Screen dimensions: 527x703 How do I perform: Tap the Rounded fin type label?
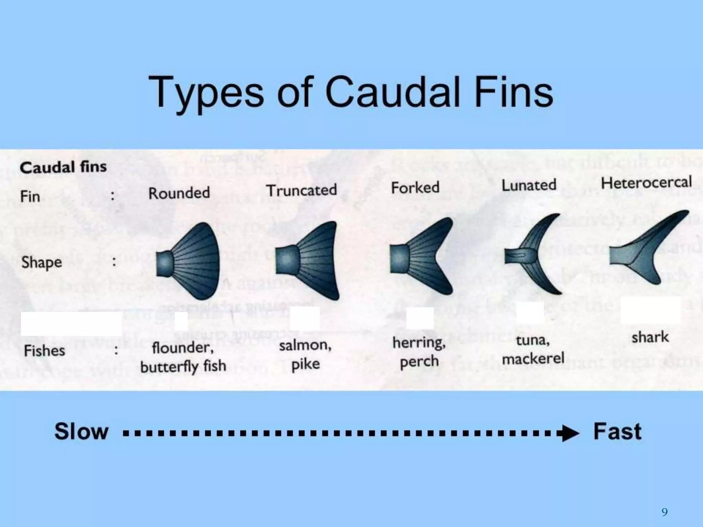coord(179,193)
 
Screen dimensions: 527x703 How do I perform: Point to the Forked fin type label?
coord(415,188)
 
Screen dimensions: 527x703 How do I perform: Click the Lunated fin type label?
coord(529,185)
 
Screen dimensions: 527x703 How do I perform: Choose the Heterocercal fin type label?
coord(646,183)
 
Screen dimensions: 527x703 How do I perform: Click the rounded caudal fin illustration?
coord(192,261)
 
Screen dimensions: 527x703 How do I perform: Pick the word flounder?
coord(183,348)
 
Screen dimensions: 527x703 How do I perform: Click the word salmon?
coord(305,345)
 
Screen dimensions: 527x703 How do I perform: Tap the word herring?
coord(419,342)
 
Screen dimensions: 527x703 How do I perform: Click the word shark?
coord(650,337)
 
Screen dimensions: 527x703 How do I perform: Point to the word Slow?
coord(81,431)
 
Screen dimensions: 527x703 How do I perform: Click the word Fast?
coord(617,431)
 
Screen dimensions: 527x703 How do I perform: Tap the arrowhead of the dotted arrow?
coord(570,433)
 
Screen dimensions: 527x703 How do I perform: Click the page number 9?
coord(665,512)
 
